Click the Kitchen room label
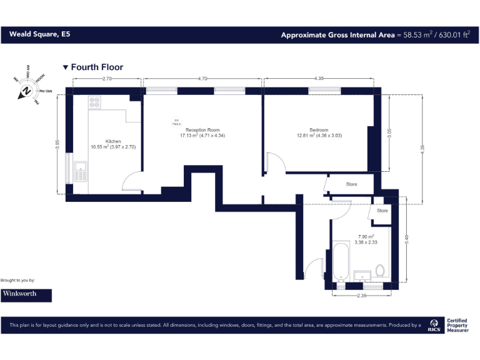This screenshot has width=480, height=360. tap(113, 142)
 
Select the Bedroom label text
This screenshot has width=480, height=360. tap(319, 130)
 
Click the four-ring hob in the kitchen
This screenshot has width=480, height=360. tap(95, 102)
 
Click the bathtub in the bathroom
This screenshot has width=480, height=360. tap(341, 262)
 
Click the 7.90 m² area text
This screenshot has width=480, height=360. tap(366, 237)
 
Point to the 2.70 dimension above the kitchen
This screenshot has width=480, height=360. tap(106, 79)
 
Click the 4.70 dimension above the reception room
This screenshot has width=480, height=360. tap(202, 79)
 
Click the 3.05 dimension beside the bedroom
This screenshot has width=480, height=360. tap(389, 132)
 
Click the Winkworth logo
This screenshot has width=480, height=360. tap(26, 293)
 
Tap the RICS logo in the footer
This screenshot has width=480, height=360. tap(433, 324)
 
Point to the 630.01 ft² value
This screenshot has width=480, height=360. tap(451, 35)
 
